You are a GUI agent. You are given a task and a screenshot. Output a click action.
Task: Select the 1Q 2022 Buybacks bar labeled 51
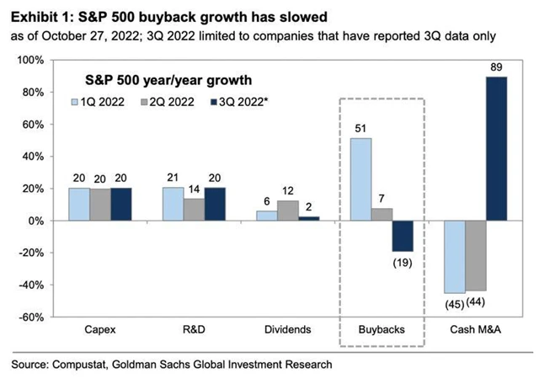(x=361, y=179)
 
